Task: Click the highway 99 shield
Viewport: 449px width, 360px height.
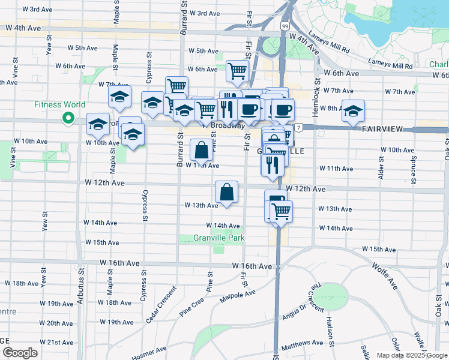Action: tap(284, 27)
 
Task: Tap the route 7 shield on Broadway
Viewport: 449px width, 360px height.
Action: tap(298, 127)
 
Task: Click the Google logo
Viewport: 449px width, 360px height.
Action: tap(19, 353)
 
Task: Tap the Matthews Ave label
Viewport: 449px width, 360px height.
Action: tap(306, 346)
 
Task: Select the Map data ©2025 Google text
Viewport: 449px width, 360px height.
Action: tap(411, 355)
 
